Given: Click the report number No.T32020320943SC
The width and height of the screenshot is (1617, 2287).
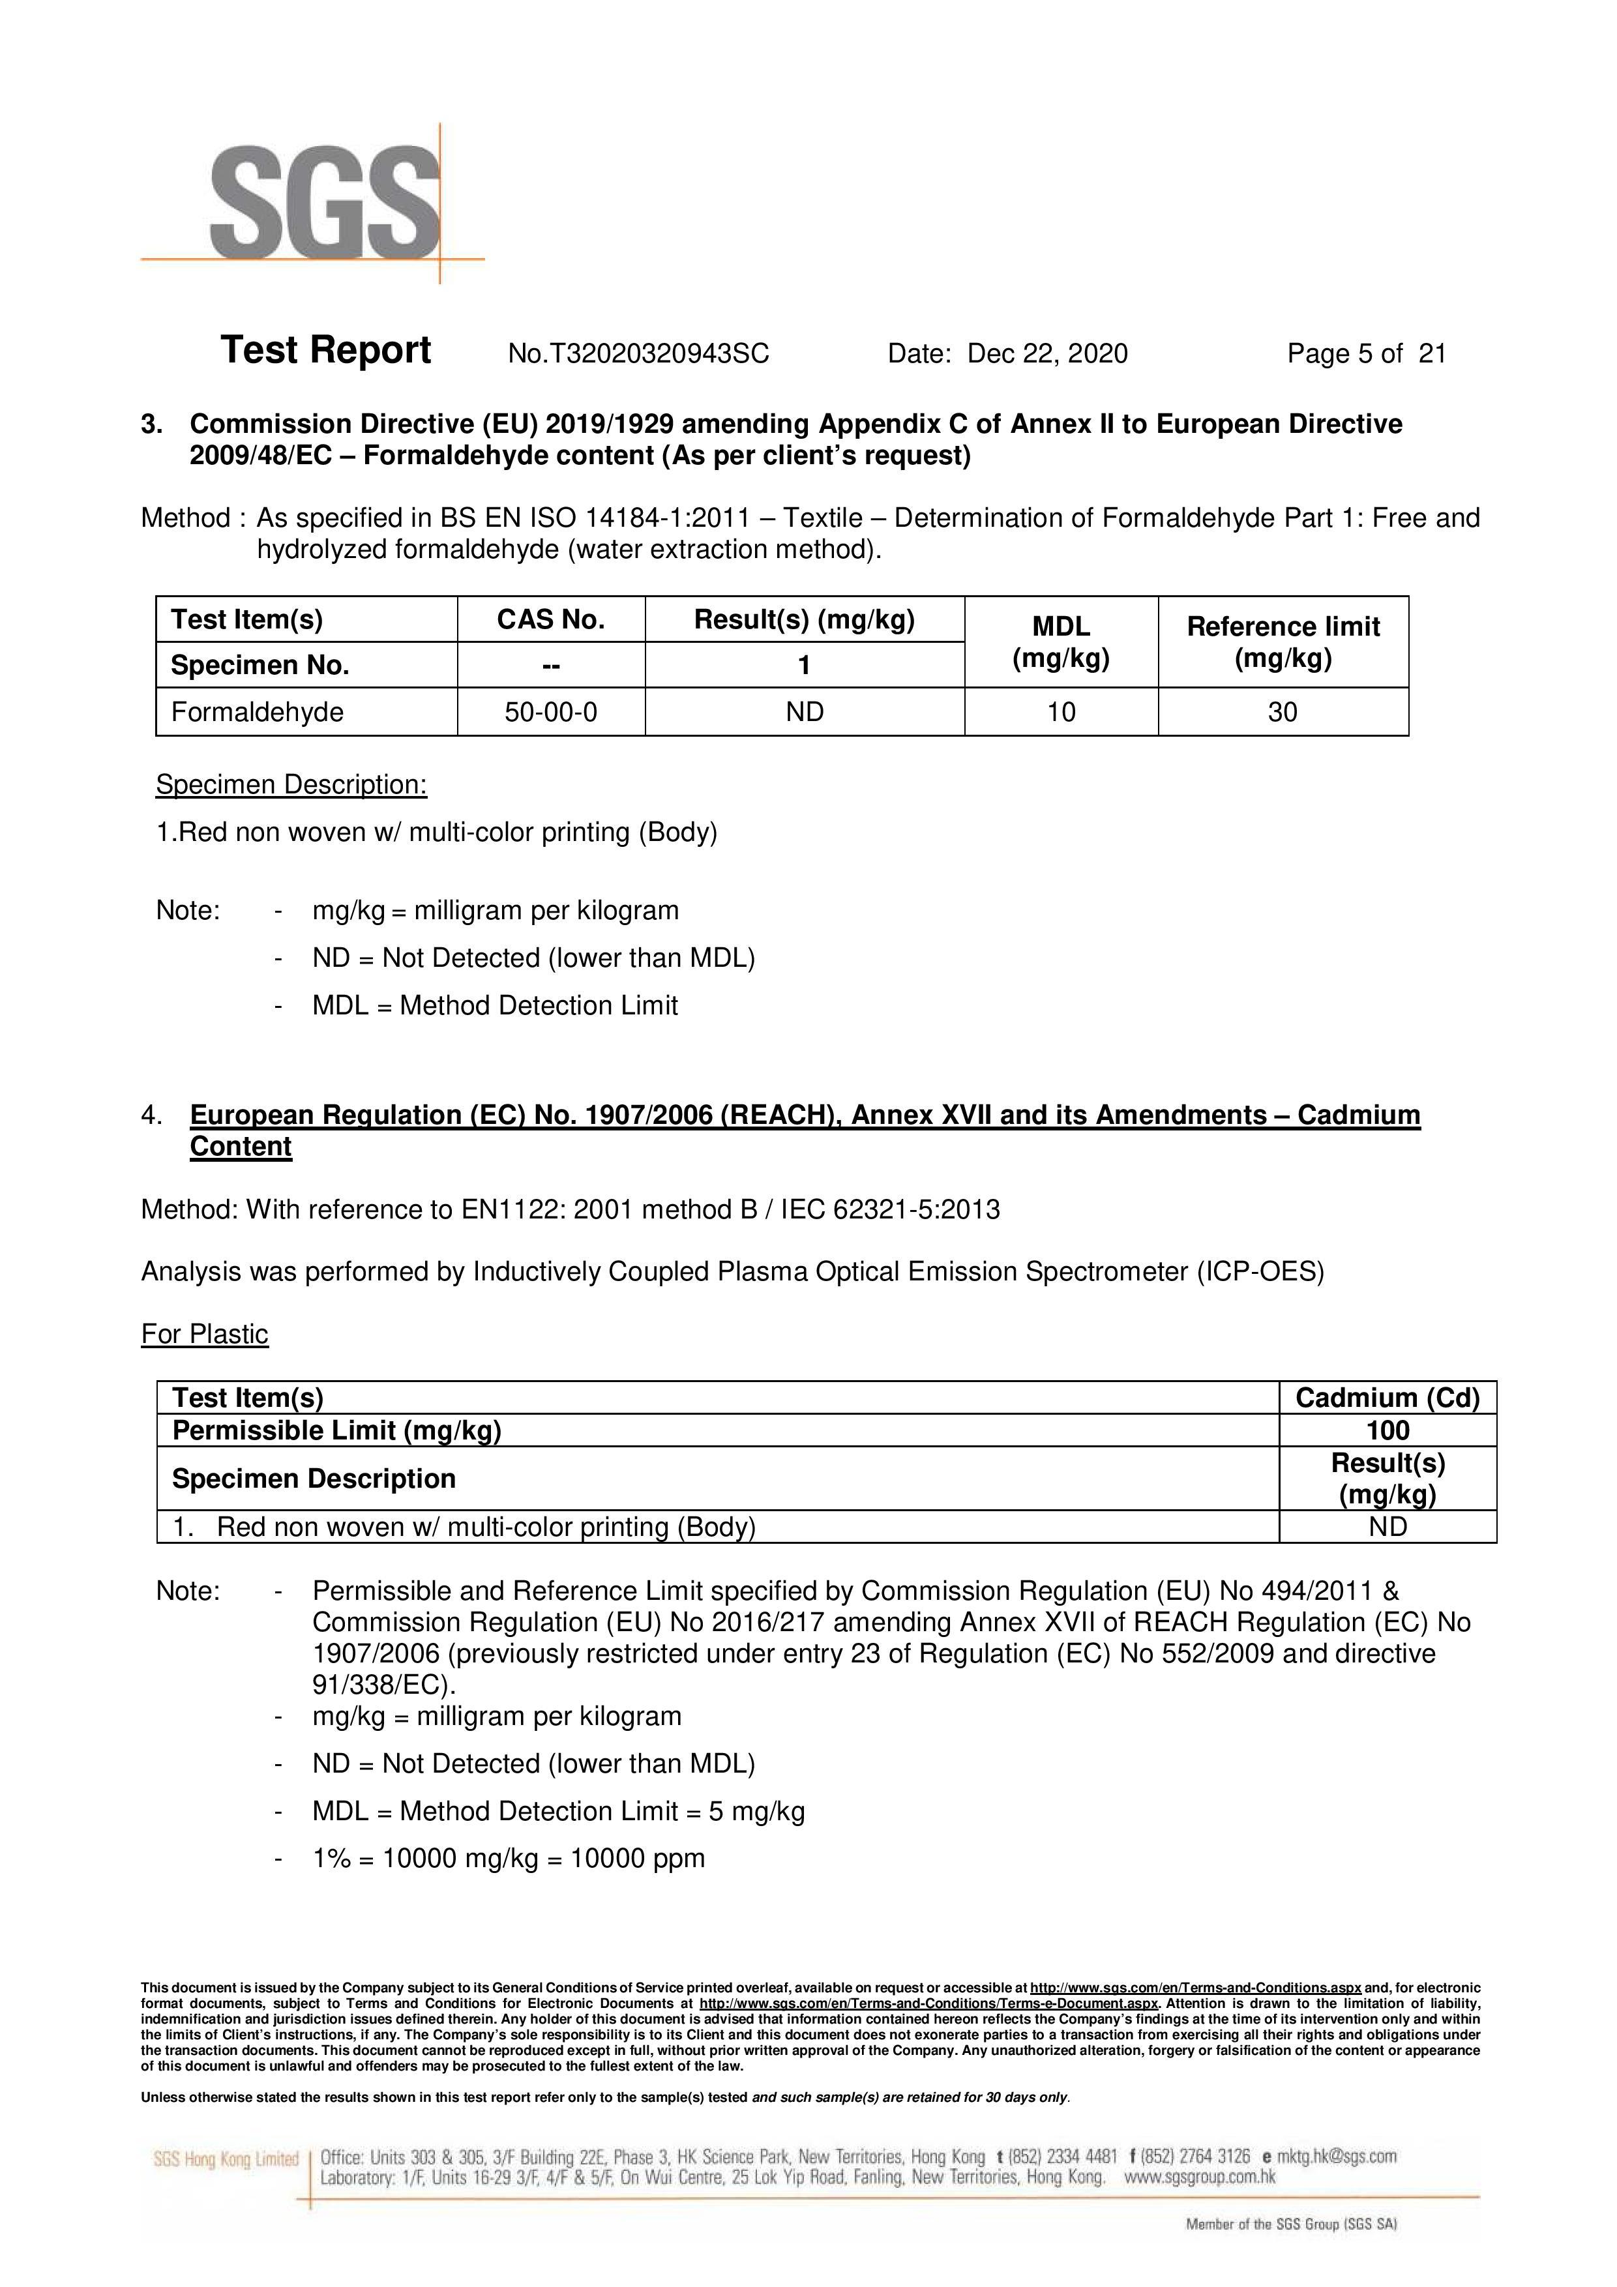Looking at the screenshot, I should coord(638,353).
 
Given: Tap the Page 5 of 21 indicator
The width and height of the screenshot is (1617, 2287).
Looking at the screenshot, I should coord(1366,353).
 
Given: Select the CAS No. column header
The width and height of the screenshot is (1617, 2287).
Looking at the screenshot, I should coord(551,619).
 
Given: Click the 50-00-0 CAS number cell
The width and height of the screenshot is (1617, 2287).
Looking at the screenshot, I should coord(551,712).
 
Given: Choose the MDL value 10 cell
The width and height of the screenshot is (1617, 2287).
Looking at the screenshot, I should coord(1061,712).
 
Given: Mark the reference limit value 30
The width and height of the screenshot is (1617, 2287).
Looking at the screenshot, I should coord(1283,712).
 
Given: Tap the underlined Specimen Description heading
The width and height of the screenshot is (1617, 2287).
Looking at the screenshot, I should coord(291,785).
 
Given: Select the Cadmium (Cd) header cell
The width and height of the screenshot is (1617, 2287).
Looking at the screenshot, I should coord(1387,1398).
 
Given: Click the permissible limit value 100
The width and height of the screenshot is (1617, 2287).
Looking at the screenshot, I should coord(1387,1430).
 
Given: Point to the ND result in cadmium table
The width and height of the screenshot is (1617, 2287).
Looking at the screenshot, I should coord(1387,1527).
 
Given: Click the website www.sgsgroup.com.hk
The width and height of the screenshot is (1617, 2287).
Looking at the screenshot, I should coord(1200,2177).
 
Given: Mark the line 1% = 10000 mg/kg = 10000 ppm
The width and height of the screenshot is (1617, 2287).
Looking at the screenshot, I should coord(508,1859).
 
